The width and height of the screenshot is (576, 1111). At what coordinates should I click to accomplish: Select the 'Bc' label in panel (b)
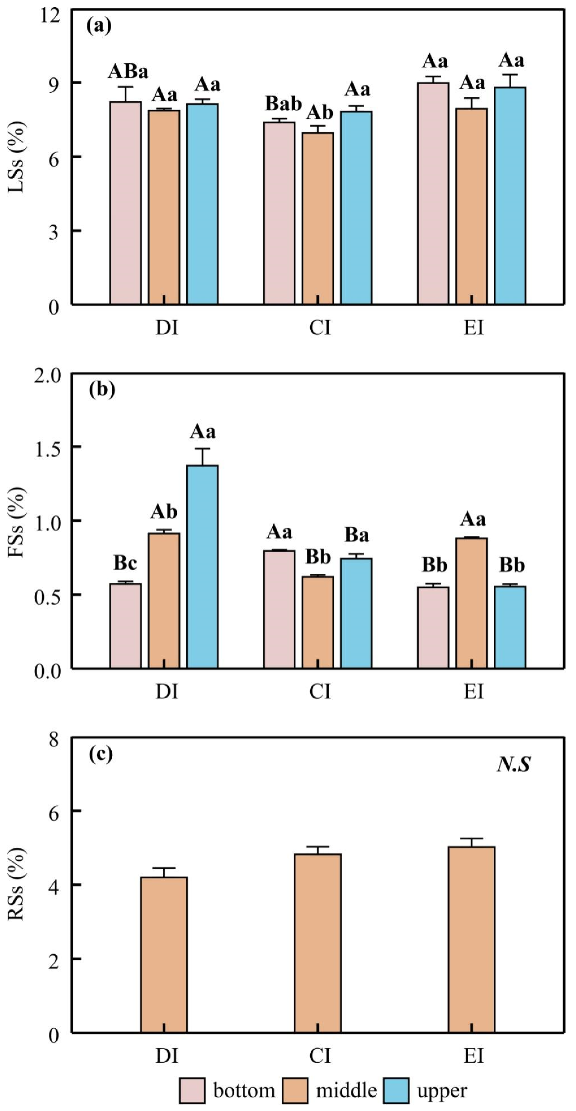tap(125, 563)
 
